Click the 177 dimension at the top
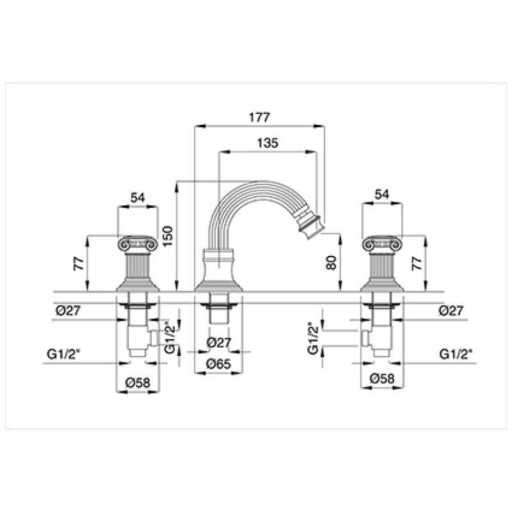[x=260, y=117]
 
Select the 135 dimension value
[x=268, y=143]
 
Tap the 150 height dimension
[x=168, y=236]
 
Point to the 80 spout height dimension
[x=331, y=262]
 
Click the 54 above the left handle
[x=138, y=198]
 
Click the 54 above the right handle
[x=381, y=195]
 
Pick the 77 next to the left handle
[x=79, y=263]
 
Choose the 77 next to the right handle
[x=417, y=263]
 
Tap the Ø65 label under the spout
[x=219, y=364]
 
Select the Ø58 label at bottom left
[x=138, y=382]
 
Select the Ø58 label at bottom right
[x=382, y=379]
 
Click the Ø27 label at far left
[x=68, y=310]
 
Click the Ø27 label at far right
[x=451, y=311]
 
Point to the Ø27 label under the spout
[x=219, y=342]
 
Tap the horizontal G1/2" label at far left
[x=63, y=355]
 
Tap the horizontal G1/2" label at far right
[x=456, y=355]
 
